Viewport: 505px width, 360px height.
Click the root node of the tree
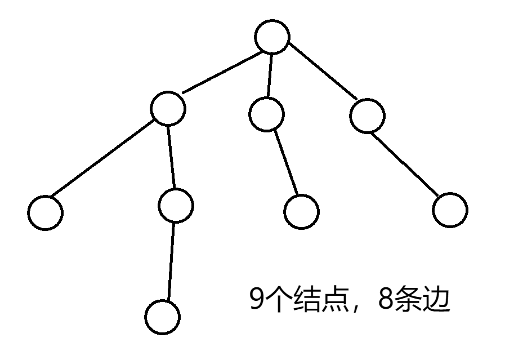[x=272, y=37]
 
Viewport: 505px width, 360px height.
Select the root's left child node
[x=168, y=108]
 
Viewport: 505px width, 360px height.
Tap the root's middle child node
[x=266, y=114]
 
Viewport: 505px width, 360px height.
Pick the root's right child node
[x=367, y=116]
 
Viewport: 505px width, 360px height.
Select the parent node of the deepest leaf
[x=176, y=206]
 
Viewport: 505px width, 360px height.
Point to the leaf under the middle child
[x=301, y=212]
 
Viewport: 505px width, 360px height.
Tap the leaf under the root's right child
[x=450, y=210]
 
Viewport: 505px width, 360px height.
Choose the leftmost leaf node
[x=46, y=212]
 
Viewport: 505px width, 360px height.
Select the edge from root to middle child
[x=270, y=75]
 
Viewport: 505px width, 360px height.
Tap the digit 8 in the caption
[x=387, y=300]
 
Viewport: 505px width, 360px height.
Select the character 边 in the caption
[x=436, y=300]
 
